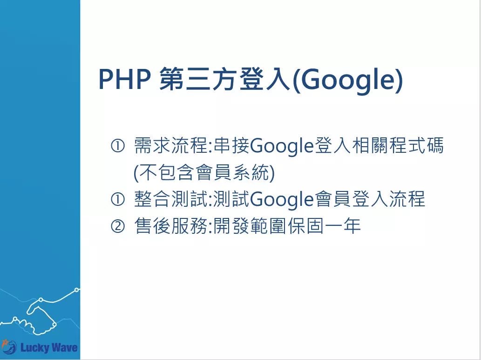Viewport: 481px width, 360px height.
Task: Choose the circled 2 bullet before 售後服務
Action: (x=117, y=227)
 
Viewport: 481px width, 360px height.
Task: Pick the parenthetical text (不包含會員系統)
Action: (x=204, y=173)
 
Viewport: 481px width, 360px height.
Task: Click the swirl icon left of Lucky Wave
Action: (x=8, y=346)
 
